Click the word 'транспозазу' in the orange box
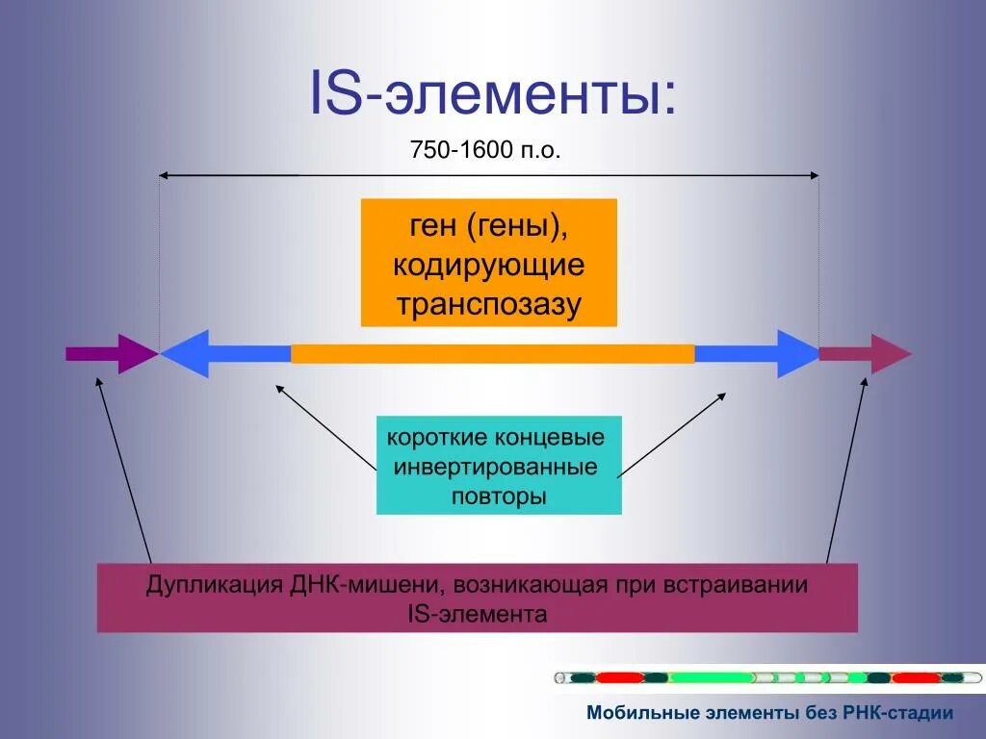[488, 304]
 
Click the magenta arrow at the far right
[867, 353]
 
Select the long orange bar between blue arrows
[492, 353]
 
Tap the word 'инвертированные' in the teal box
[498, 468]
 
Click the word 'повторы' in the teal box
[498, 497]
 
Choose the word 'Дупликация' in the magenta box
[212, 585]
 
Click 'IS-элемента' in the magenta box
[478, 614]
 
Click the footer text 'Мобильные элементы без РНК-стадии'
[769, 713]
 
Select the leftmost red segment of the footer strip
[617, 677]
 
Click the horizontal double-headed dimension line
[488, 175]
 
